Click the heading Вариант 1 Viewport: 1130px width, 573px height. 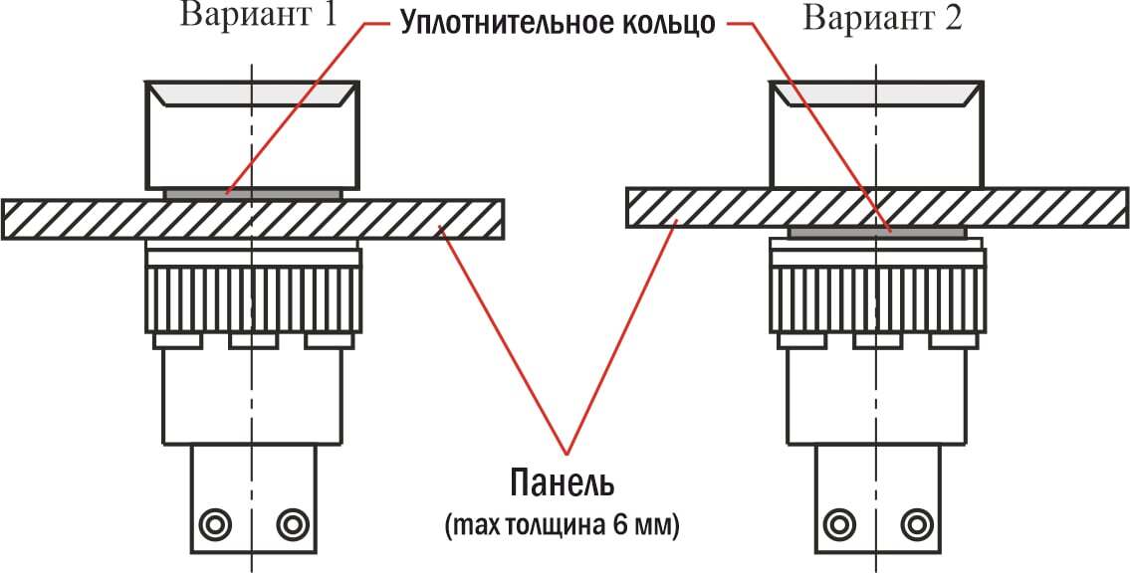(x=258, y=17)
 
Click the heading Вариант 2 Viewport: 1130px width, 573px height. (x=883, y=19)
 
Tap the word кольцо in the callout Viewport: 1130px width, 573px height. (x=665, y=23)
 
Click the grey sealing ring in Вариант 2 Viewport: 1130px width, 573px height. (x=876, y=233)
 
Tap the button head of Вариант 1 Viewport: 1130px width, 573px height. (x=253, y=139)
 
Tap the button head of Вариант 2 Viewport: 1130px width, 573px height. (x=876, y=139)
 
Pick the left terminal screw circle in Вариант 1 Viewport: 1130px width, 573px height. (x=213, y=522)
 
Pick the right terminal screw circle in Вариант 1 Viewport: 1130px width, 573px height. (x=292, y=522)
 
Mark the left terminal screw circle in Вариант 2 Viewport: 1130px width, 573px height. (x=837, y=522)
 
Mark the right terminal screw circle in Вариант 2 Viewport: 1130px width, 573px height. (x=916, y=522)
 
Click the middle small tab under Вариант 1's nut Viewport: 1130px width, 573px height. (x=253, y=341)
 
